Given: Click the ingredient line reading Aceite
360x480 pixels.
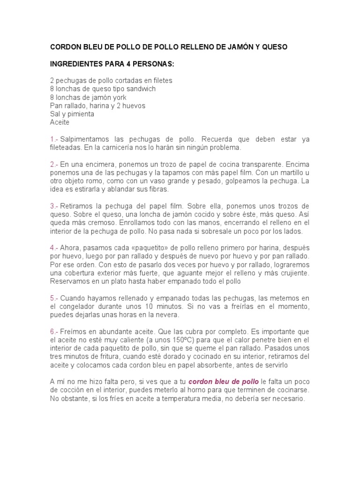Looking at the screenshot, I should tap(60, 122).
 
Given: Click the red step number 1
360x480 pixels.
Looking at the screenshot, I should tap(52, 139).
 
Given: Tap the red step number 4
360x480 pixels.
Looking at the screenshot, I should tap(52, 247).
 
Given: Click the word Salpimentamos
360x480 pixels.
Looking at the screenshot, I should tap(84, 139).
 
